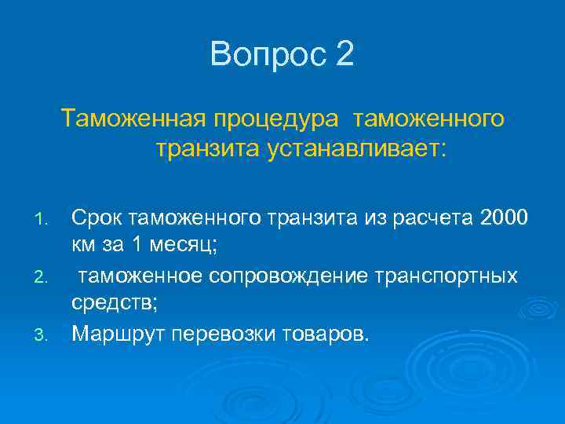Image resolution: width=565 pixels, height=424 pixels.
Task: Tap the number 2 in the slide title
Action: pos(345,54)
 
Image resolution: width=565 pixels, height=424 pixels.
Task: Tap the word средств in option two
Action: pos(115,305)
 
